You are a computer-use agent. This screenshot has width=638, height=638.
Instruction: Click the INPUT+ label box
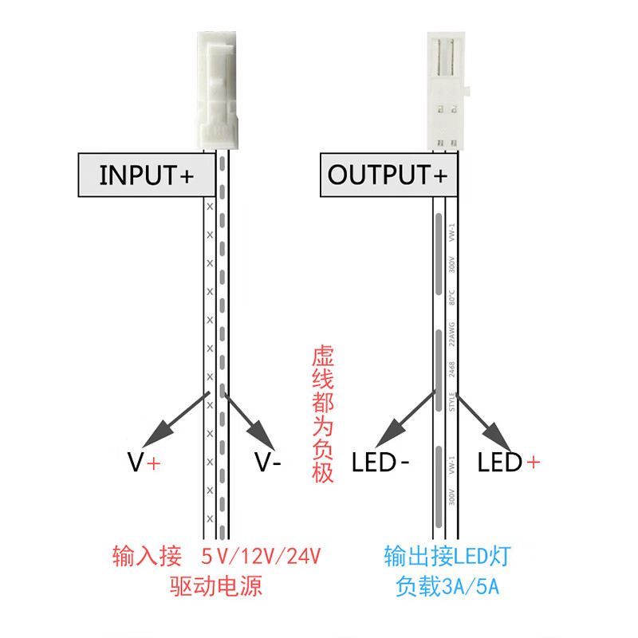coord(147,175)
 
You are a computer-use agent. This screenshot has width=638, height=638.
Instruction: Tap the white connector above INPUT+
coord(216,88)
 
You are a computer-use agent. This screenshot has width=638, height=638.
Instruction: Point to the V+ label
coord(144,462)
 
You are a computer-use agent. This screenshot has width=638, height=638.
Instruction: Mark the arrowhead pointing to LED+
coord(498,435)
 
